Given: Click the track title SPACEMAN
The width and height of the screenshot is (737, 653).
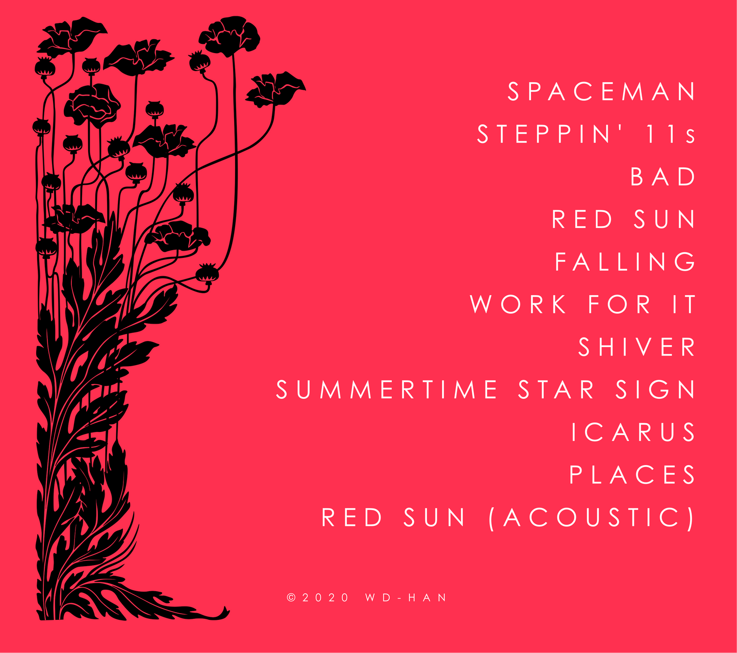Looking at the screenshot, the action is click(x=601, y=91).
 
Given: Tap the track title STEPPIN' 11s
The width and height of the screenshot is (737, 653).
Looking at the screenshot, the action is click(x=586, y=134).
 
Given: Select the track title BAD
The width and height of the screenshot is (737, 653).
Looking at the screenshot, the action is click(x=663, y=176).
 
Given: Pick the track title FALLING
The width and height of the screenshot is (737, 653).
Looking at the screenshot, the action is click(x=625, y=261).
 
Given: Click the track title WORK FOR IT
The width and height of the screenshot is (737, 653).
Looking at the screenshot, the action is click(x=582, y=304).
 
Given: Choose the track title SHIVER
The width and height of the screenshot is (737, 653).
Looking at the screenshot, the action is click(x=637, y=347).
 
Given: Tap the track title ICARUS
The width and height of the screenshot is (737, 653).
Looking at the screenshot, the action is click(x=633, y=432).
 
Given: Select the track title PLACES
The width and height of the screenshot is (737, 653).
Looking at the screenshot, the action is click(x=632, y=474).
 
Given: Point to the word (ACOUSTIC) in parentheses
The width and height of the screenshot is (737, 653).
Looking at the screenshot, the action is click(x=592, y=518).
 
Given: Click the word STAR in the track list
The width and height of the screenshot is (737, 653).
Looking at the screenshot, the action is click(x=556, y=390).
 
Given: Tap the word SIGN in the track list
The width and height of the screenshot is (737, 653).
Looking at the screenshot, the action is click(x=655, y=390).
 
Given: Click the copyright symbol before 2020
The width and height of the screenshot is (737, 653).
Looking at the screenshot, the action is click(x=291, y=598).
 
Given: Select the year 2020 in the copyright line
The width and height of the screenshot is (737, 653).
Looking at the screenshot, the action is click(x=325, y=598).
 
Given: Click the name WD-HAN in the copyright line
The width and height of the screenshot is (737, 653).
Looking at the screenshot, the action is click(x=406, y=598).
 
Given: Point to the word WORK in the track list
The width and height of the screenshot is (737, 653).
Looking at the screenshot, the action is click(x=518, y=304).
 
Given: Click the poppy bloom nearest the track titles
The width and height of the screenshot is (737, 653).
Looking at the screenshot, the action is click(x=276, y=89).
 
